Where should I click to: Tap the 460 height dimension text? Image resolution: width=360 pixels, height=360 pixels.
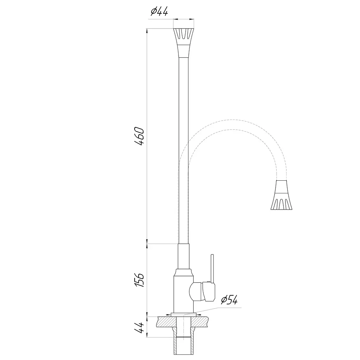click(139, 136)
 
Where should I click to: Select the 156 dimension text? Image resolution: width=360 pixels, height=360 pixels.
click(139, 280)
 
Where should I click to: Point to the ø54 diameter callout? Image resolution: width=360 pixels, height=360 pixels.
click(229, 300)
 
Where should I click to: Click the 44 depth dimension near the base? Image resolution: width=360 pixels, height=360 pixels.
click(139, 327)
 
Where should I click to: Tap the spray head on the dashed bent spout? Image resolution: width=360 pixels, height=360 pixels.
click(282, 195)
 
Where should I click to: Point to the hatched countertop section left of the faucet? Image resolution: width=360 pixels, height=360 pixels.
click(166, 321)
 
